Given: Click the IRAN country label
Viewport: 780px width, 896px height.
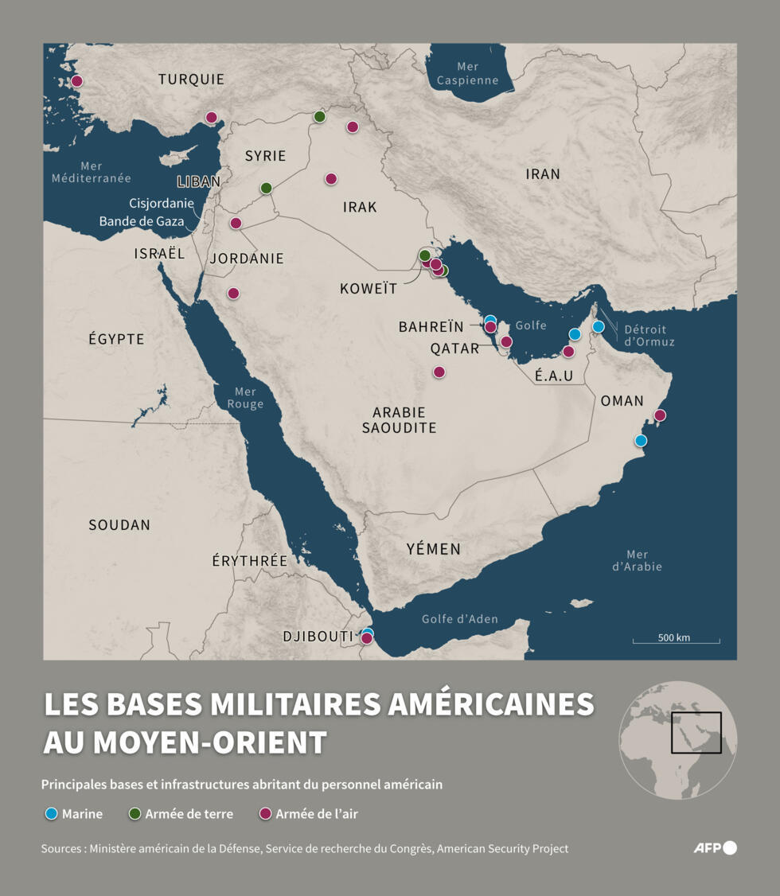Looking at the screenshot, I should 543,173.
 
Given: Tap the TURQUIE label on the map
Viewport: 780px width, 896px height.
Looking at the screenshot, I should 191,80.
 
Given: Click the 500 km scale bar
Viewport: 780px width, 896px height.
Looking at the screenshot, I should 676,640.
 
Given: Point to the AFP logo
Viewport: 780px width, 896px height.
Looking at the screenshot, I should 715,847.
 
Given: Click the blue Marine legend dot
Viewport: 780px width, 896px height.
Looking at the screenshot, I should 52,814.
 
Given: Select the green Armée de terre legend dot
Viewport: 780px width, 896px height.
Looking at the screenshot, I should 135,814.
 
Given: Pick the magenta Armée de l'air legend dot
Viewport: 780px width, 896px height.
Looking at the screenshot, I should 266,814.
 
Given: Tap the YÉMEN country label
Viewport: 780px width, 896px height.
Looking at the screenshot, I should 433,549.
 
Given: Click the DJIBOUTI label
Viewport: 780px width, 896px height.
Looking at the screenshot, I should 318,637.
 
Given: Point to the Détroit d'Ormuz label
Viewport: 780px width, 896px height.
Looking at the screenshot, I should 649,335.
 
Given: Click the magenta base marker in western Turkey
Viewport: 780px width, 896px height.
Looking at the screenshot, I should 77,81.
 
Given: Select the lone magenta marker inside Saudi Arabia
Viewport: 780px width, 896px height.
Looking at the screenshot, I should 439,372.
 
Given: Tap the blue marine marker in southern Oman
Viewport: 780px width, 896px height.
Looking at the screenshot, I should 641,440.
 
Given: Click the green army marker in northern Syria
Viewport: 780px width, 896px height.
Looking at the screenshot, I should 320,116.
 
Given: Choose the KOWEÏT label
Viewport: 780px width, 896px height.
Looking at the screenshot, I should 368,289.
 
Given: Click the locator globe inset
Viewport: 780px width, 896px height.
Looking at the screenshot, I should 678,739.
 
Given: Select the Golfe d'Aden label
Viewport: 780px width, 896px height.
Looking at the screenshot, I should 459,619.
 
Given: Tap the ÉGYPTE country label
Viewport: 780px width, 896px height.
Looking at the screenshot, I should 116,339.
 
